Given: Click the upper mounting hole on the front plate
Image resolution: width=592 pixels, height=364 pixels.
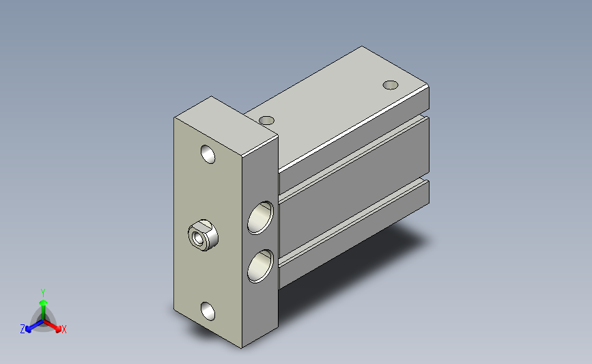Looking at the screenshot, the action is pyautogui.click(x=208, y=154).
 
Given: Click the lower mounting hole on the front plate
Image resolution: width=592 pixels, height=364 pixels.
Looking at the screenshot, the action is pyautogui.click(x=208, y=311).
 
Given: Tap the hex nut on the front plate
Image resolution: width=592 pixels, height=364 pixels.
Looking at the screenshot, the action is pyautogui.click(x=203, y=235).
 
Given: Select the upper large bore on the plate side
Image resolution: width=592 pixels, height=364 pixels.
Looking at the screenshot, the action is pyautogui.click(x=260, y=217).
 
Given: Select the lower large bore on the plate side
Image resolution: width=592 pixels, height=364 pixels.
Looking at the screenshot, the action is pyautogui.click(x=260, y=266).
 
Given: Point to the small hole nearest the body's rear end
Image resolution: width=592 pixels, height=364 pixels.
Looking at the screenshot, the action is pyautogui.click(x=391, y=85).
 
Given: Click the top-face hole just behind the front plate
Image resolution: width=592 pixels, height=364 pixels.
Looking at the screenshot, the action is pyautogui.click(x=267, y=120).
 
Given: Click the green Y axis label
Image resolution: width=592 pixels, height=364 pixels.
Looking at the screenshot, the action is pyautogui.click(x=43, y=293).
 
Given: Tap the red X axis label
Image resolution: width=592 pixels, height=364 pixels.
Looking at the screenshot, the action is pyautogui.click(x=64, y=329).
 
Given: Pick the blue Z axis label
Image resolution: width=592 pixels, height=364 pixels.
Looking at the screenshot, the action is pyautogui.click(x=23, y=329).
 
